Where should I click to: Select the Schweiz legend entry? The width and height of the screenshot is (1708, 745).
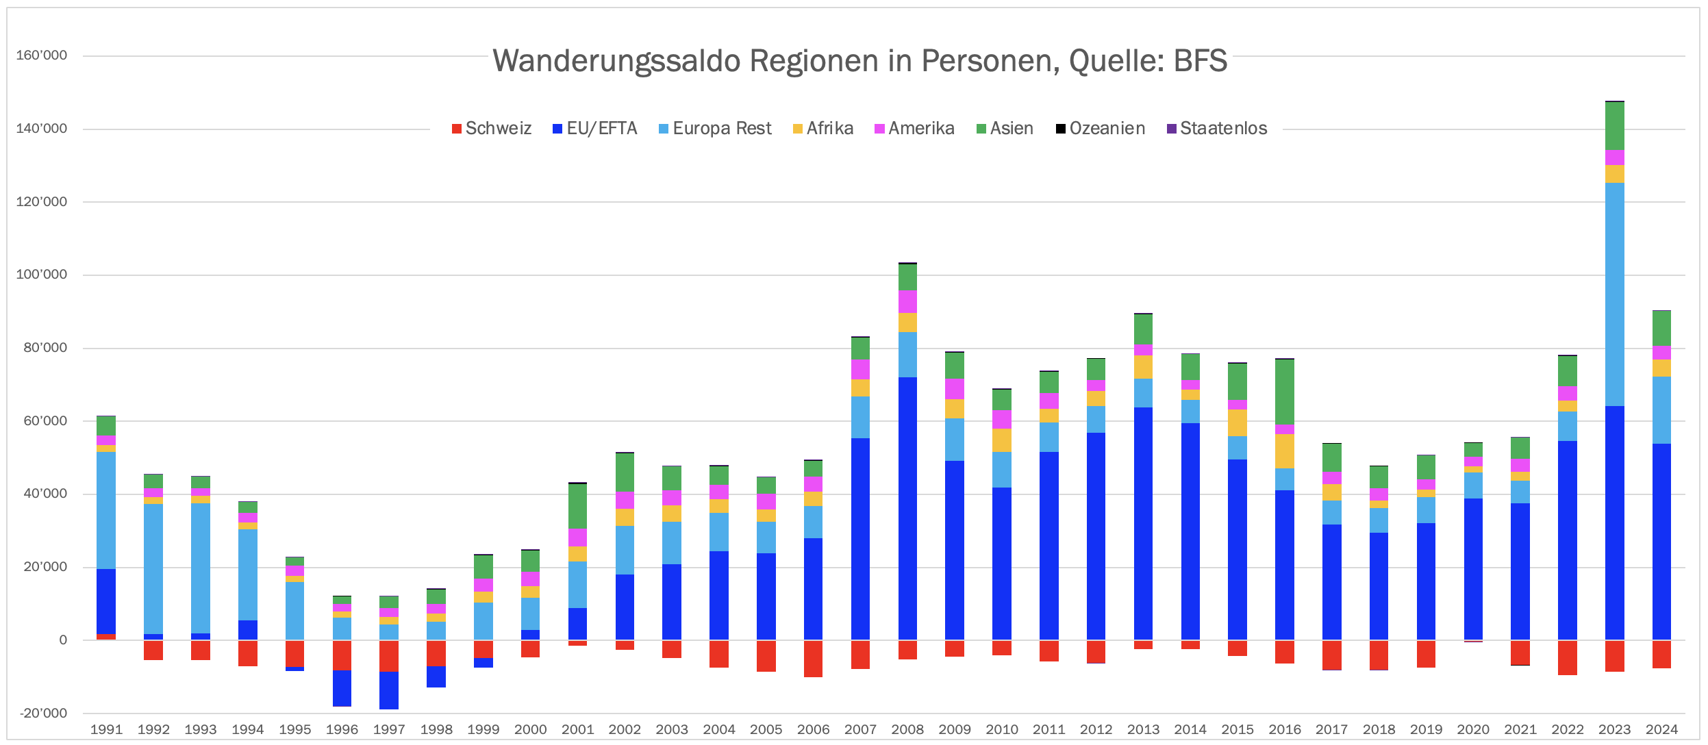492,129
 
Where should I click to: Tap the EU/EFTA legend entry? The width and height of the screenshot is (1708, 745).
595,129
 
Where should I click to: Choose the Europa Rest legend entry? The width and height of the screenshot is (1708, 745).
715,129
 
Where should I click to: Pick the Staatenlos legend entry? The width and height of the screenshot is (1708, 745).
1217,129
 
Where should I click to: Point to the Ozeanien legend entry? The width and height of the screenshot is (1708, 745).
1101,129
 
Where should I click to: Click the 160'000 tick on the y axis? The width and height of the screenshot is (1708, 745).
42,55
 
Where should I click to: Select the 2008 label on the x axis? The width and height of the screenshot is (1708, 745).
907,730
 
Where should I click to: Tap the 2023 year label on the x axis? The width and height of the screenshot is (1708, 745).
1614,730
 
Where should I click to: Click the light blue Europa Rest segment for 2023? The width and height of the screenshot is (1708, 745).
1615,294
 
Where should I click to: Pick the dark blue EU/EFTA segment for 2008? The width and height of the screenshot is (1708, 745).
907,509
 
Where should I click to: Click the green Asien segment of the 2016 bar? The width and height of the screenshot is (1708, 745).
1285,392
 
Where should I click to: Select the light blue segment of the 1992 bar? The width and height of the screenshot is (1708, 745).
153,569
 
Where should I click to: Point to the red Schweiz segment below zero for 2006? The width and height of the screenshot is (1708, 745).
813,659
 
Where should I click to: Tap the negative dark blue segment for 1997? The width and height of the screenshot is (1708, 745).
389,690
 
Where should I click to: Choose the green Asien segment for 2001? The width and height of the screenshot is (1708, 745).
578,506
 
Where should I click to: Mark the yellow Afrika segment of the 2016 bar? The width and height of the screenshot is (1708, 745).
1285,451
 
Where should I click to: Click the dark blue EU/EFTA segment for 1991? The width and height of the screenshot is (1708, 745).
106,602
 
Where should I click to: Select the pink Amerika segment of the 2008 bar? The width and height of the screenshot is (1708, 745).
907,301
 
